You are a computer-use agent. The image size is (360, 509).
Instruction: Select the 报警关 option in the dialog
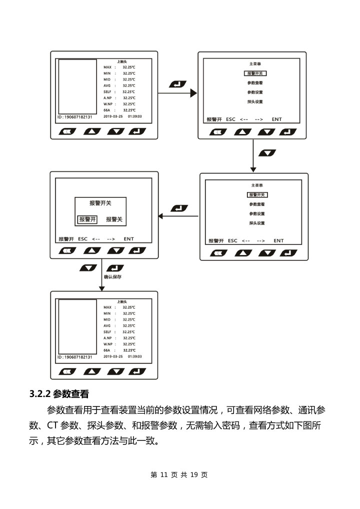(x=114, y=219)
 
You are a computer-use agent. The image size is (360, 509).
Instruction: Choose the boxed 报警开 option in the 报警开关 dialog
(x=87, y=219)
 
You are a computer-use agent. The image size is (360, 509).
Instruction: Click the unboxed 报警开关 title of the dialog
(x=100, y=203)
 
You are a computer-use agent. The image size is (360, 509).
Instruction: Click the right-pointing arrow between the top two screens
(x=177, y=93)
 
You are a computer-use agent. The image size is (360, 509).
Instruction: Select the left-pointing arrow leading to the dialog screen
(x=178, y=216)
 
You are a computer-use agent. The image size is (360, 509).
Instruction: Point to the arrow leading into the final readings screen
(x=101, y=274)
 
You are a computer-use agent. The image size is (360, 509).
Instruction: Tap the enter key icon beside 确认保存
(x=115, y=268)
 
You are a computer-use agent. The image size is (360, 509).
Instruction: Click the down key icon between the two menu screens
(x=268, y=152)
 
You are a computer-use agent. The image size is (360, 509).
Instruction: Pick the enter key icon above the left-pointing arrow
(x=179, y=208)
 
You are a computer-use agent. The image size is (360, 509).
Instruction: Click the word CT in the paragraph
(x=53, y=426)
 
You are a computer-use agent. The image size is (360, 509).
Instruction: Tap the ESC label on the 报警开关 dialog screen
(x=83, y=239)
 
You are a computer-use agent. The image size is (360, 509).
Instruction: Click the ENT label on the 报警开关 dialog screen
(x=128, y=239)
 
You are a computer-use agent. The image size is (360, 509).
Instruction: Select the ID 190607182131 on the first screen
(x=74, y=117)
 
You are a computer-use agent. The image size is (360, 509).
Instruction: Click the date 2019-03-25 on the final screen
(x=113, y=356)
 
